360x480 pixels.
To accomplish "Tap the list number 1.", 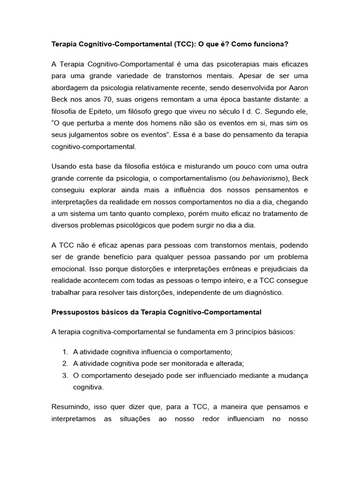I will point(64,352).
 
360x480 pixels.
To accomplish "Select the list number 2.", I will point(64,363).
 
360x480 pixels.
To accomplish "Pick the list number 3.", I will point(64,375).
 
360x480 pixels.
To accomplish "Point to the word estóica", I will point(161,166).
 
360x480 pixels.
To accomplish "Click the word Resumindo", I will point(71,407).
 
